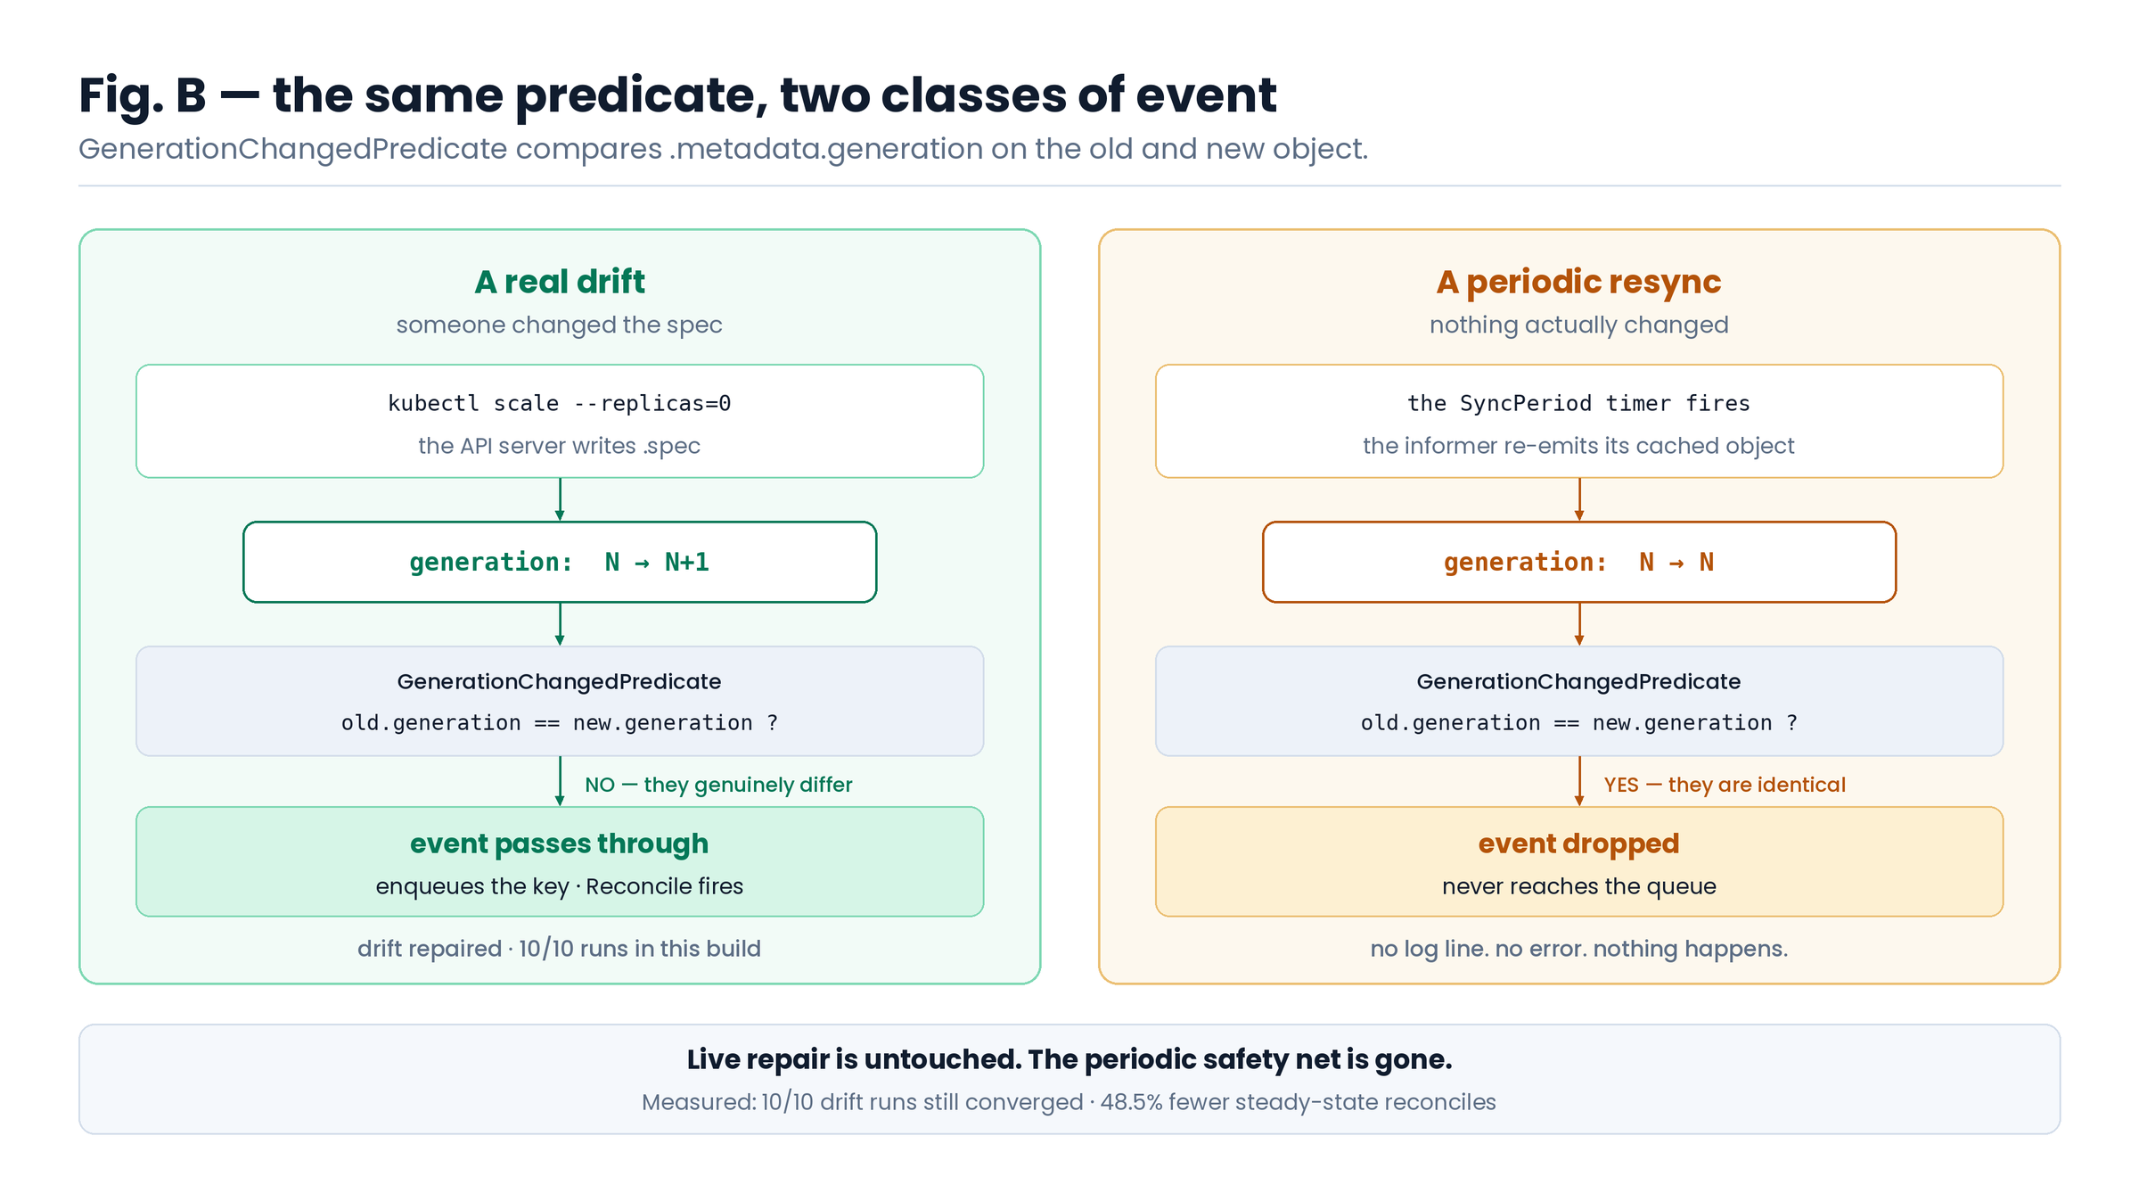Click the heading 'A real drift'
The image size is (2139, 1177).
tap(560, 282)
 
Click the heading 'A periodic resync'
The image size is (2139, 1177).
tap(1578, 282)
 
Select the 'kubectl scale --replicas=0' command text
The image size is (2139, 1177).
tap(560, 403)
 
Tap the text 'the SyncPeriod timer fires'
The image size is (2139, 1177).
tap(1578, 403)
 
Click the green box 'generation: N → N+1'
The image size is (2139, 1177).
tap(560, 562)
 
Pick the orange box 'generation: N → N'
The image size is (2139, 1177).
tap(1578, 562)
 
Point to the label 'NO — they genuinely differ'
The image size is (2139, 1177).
tap(718, 785)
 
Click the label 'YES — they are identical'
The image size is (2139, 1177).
tap(1725, 785)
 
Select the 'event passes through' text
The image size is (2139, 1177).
tap(560, 844)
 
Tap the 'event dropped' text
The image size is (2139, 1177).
tap(1578, 844)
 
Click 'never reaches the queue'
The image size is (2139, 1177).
tap(1578, 886)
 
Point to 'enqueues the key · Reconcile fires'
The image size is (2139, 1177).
tap(560, 886)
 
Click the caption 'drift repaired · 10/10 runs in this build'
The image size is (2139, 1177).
tap(560, 949)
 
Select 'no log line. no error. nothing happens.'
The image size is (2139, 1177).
tap(1578, 949)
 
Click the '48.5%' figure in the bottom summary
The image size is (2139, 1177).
tap(1131, 1102)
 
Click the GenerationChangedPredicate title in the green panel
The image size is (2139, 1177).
tap(560, 681)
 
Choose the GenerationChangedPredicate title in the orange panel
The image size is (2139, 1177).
tap(1578, 681)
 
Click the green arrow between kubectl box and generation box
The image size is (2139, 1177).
tap(560, 499)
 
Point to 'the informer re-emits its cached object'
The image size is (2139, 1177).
tap(1578, 446)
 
